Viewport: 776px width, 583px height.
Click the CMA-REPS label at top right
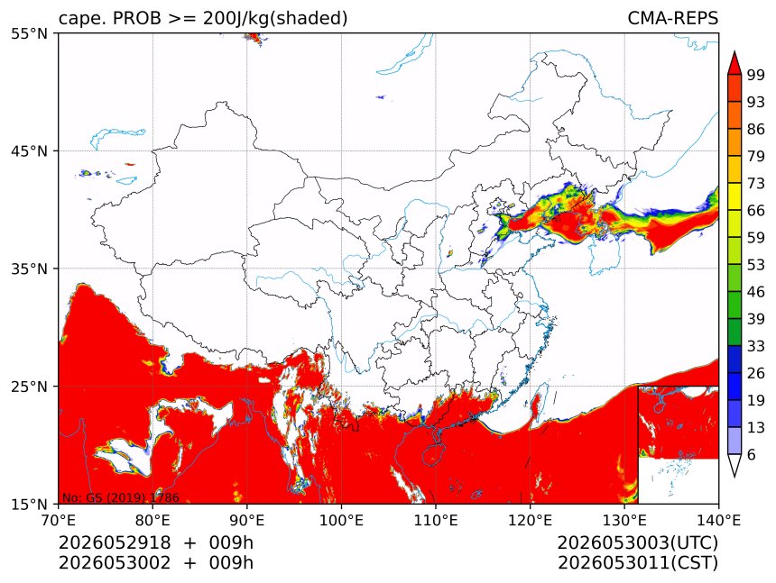pos(672,18)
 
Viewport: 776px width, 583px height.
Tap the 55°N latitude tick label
pos(29,33)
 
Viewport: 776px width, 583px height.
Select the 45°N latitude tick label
pos(29,150)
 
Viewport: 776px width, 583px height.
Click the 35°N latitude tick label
pos(29,269)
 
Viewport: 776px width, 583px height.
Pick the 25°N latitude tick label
pos(29,387)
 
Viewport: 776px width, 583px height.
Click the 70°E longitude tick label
pos(59,520)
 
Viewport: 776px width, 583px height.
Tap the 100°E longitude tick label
pos(341,520)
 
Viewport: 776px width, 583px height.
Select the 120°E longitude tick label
pos(530,520)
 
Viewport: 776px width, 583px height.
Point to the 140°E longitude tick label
pos(718,520)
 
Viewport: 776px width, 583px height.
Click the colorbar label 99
pos(756,75)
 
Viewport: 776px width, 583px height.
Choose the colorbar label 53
pos(756,265)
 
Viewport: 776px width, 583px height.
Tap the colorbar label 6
pos(752,454)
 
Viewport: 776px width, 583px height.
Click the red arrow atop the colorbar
pos(734,63)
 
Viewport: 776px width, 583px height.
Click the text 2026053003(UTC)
pos(637,542)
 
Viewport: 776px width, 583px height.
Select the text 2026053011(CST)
pos(637,563)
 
